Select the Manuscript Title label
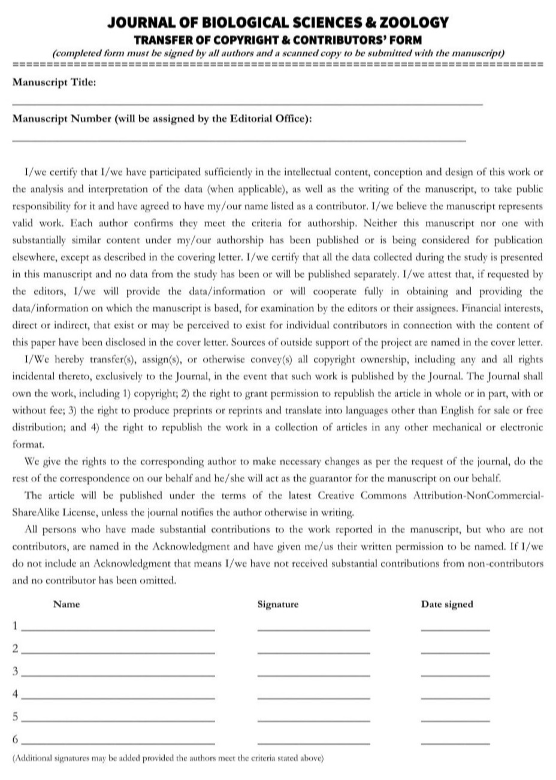[54, 83]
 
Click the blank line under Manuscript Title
[247, 105]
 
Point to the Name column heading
[67, 605]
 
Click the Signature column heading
[277, 605]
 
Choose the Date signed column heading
[447, 605]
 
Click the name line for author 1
[117, 630]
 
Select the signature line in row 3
[313, 676]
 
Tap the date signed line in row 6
[455, 743]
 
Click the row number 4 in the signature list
[16, 694]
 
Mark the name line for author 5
[117, 721]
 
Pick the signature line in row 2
[313, 652]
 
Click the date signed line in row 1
[455, 630]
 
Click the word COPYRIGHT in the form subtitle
[217, 40]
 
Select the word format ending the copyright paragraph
[28, 445]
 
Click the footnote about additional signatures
[168, 758]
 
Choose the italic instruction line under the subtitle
[279, 53]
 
